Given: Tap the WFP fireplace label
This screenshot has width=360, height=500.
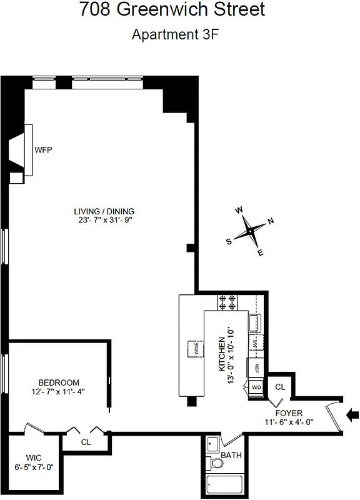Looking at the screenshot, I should coord(43,150).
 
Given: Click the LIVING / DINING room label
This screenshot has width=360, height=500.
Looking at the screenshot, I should coord(104,211).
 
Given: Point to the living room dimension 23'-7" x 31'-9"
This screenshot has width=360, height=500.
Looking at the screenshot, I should coord(104,220).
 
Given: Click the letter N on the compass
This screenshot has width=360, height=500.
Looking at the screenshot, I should coord(271,221).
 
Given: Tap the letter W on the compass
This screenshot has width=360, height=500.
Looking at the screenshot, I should coord(238,211).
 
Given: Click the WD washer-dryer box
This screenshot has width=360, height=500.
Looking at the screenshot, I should coord(256,387).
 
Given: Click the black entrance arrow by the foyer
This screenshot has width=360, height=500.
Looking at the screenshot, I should coord(353,413).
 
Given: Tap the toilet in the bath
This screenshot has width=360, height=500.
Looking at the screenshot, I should coord(216,464).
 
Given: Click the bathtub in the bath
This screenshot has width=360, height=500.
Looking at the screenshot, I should coord(224,484).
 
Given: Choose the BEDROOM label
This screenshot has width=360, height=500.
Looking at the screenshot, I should coord(59,382).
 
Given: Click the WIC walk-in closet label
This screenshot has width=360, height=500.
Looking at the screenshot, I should coord(34,457).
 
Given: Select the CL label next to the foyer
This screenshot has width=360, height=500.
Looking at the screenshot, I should coord(280,387).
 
